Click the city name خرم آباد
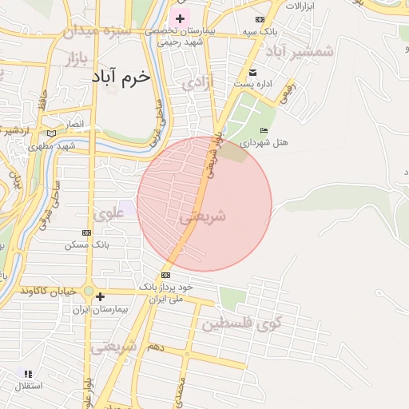(121, 77)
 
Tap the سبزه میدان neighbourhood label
(90, 33)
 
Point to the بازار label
(72, 58)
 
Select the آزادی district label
(197, 82)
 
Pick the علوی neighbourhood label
(109, 213)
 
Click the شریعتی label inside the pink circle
(202, 216)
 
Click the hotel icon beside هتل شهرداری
(264, 130)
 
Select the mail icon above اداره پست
(252, 73)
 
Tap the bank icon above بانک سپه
(260, 19)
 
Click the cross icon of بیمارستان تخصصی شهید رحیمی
(181, 18)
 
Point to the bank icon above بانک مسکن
(86, 232)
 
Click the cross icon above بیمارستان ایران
(99, 296)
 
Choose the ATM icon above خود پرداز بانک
(165, 275)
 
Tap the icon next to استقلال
(28, 373)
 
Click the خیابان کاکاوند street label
(49, 289)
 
